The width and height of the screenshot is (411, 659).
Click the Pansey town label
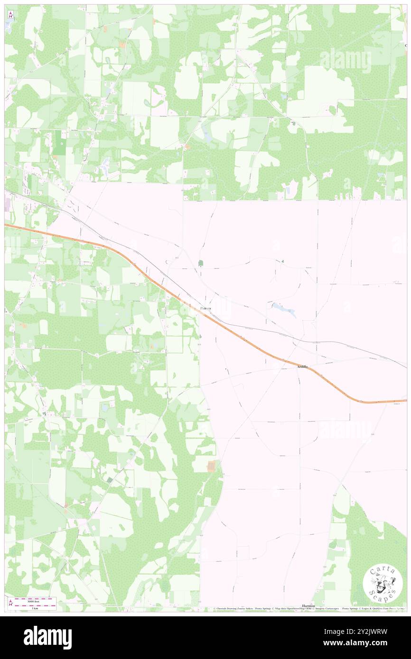205,308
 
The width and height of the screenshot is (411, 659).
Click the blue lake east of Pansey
283,309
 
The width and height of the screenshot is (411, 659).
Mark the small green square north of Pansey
200,263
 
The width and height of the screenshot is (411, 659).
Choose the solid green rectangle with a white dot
60,142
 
